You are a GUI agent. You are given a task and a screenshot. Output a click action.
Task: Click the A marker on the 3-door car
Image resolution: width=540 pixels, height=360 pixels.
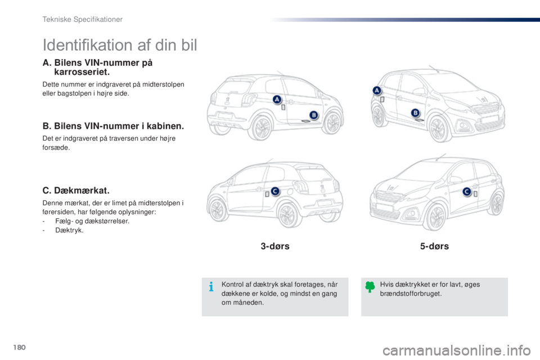(x=277, y=100)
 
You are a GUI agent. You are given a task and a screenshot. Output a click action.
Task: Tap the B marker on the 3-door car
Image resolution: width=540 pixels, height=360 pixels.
(x=314, y=115)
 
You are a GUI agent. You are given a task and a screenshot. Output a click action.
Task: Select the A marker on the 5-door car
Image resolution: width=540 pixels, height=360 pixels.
(x=377, y=91)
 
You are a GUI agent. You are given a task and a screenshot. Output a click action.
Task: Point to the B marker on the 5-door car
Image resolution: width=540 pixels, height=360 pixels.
(x=415, y=112)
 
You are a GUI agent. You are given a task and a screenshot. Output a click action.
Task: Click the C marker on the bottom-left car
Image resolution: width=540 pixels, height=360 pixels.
(x=275, y=191)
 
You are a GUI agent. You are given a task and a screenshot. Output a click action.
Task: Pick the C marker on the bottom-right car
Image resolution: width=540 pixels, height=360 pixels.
(x=467, y=192)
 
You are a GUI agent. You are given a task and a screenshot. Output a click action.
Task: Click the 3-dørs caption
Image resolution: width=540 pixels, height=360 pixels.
(x=275, y=246)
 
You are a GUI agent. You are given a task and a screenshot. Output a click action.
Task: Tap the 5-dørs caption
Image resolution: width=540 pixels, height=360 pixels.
(x=434, y=246)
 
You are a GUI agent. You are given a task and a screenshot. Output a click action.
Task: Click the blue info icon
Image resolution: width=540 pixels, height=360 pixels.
(x=211, y=287)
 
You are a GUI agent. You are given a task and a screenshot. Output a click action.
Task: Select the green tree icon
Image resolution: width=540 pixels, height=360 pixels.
(x=370, y=287)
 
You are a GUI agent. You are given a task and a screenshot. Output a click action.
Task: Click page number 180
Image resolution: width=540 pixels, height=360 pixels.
(x=19, y=347)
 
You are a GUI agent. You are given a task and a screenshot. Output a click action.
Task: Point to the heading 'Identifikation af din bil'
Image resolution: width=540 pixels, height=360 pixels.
(x=120, y=45)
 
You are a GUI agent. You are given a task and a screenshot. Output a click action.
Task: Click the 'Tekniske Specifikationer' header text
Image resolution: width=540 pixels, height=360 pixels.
(x=82, y=19)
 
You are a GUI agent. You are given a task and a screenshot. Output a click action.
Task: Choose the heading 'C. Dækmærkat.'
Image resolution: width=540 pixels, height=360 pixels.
(x=76, y=191)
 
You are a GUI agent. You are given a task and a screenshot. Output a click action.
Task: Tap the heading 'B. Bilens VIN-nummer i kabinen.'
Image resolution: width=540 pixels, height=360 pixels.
(x=113, y=126)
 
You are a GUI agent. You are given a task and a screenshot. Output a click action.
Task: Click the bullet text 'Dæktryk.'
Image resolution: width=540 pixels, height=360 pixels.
(x=69, y=230)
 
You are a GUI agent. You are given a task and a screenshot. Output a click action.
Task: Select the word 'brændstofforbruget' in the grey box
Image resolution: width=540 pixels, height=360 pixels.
(x=410, y=294)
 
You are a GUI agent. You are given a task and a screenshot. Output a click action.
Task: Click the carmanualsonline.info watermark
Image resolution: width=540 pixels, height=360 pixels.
(x=457, y=350)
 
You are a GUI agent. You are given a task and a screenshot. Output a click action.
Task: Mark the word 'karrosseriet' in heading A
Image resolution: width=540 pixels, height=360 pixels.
(x=81, y=72)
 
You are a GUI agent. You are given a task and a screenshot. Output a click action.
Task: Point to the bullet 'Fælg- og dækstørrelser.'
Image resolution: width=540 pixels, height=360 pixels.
(x=92, y=221)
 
